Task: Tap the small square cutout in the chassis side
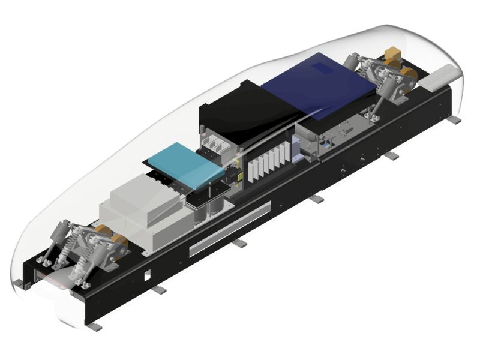146,277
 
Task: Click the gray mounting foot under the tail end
454,119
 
